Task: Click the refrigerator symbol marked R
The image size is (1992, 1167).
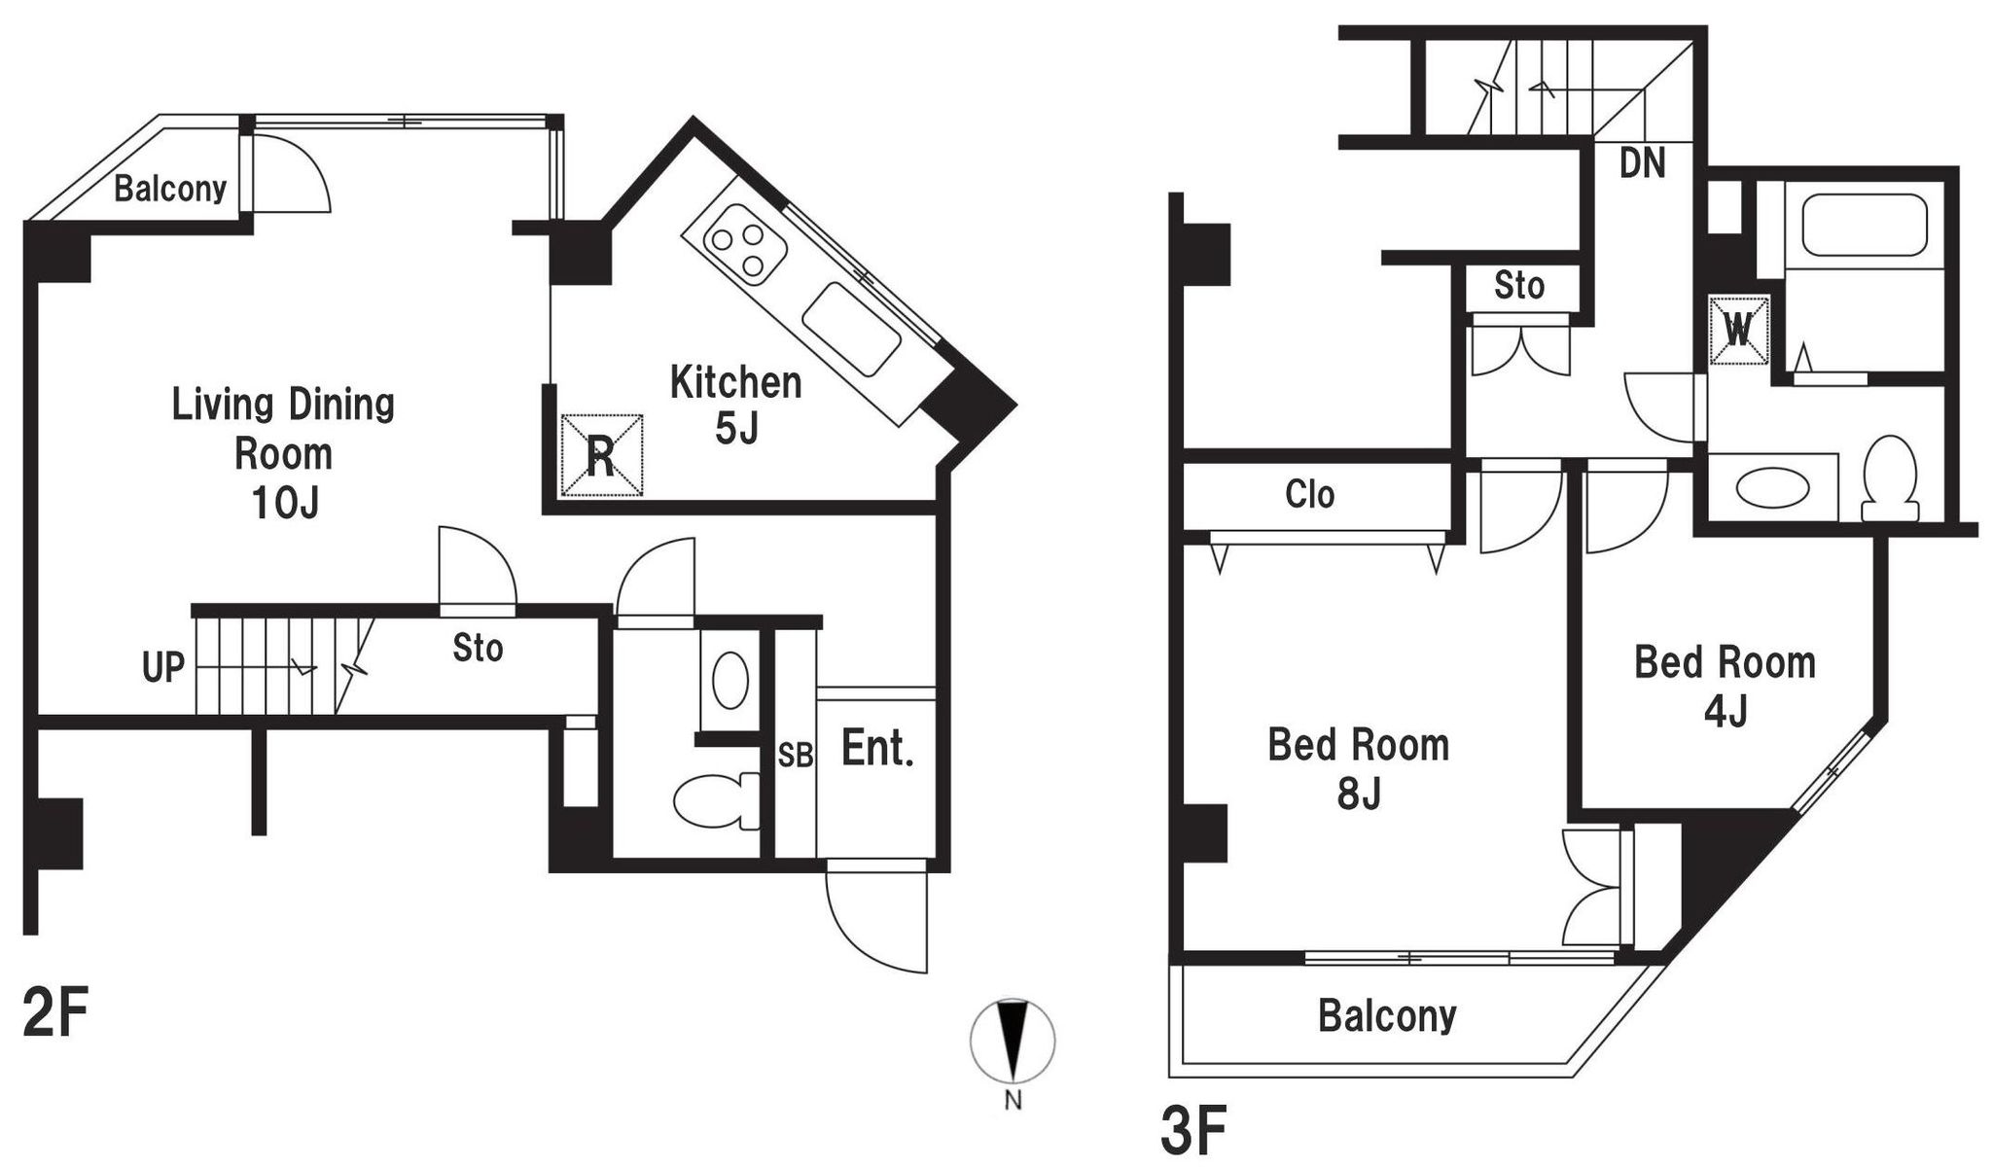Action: [602, 454]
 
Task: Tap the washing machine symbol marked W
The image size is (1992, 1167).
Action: [1739, 330]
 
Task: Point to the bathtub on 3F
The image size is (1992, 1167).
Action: [1865, 226]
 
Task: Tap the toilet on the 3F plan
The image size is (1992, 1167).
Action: [1890, 477]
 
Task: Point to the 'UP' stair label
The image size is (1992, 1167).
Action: [163, 668]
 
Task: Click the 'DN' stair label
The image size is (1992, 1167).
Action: [1642, 162]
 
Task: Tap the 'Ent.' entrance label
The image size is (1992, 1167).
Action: [877, 749]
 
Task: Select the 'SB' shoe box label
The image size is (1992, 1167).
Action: [795, 756]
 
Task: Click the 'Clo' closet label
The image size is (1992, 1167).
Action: [1309, 494]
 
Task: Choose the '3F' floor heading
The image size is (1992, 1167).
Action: [1193, 1129]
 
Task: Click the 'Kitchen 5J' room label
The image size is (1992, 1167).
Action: [736, 405]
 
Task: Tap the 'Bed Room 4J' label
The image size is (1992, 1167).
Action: [1725, 687]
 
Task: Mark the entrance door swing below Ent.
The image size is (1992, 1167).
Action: [876, 918]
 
